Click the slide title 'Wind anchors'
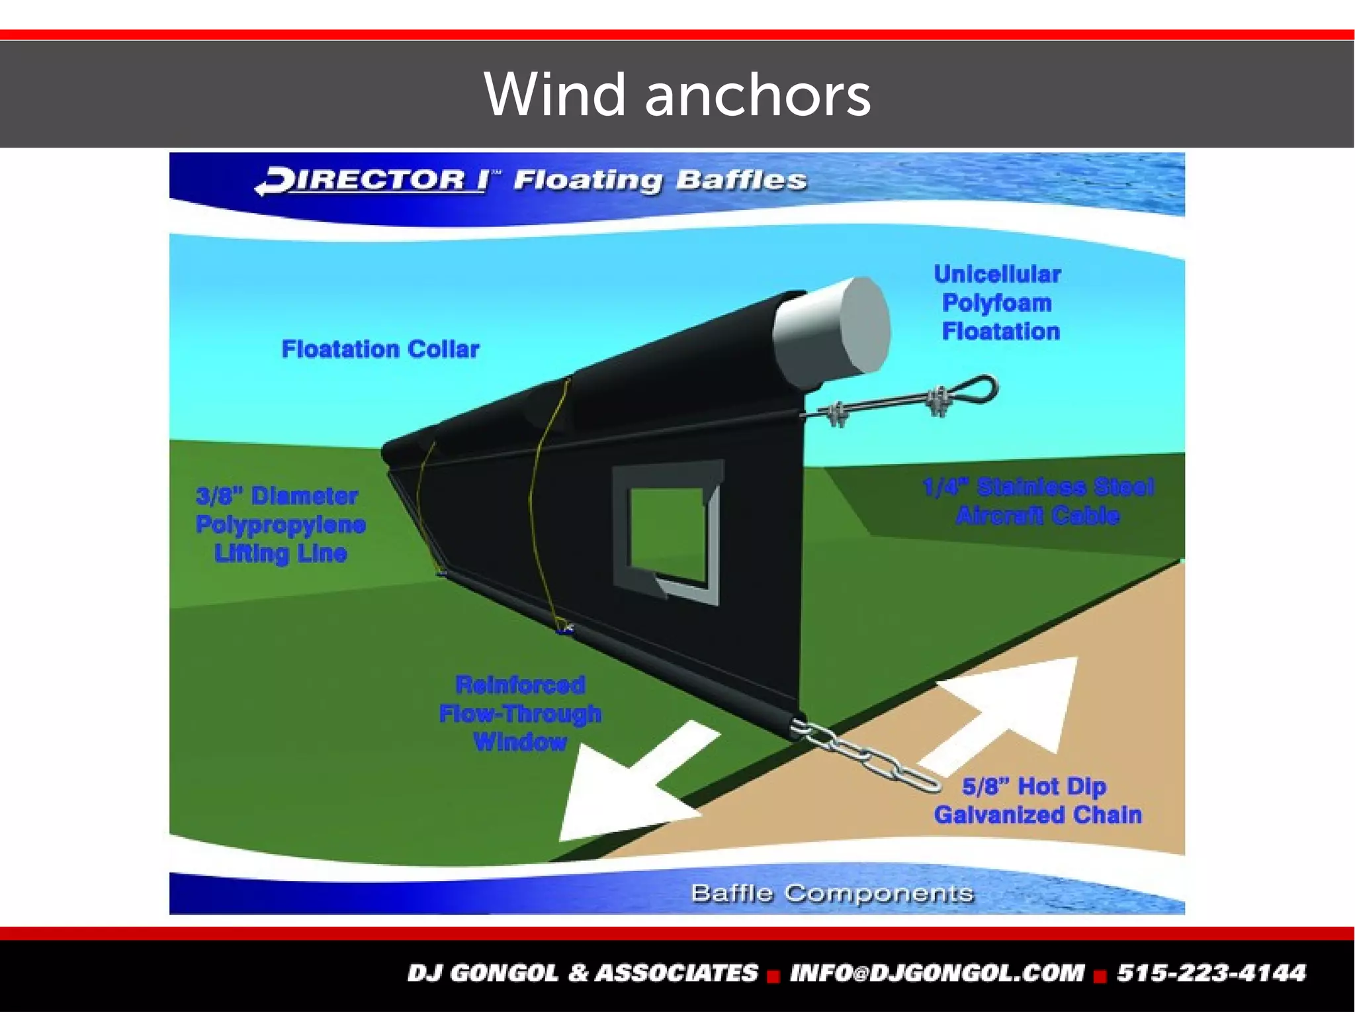pyautogui.click(x=677, y=95)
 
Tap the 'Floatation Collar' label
pyautogui.click(x=380, y=349)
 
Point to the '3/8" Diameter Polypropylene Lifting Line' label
pyautogui.click(x=281, y=524)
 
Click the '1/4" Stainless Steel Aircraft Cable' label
pyautogui.click(x=1037, y=501)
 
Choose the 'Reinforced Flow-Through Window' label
pyautogui.click(x=521, y=714)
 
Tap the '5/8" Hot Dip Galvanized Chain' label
pyautogui.click(x=1037, y=801)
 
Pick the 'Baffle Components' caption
pyautogui.click(x=832, y=893)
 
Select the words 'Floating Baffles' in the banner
pyautogui.click(x=660, y=181)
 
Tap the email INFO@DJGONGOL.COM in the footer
pyautogui.click(x=937, y=972)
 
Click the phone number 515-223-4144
pyautogui.click(x=1211, y=972)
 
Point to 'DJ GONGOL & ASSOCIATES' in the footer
pyautogui.click(x=582, y=972)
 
